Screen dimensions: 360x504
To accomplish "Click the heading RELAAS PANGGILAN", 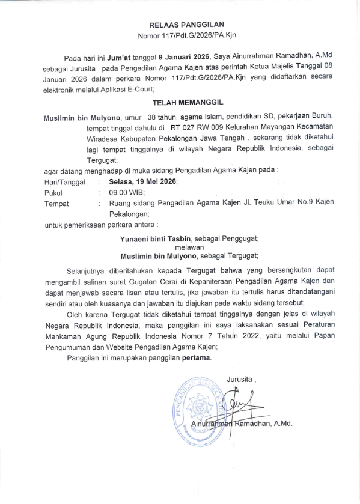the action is point(186,25).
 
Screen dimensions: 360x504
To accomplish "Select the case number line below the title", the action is point(186,36).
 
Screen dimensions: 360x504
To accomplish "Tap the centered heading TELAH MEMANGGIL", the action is point(186,103).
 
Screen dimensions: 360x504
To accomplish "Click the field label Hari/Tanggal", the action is point(64,181).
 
